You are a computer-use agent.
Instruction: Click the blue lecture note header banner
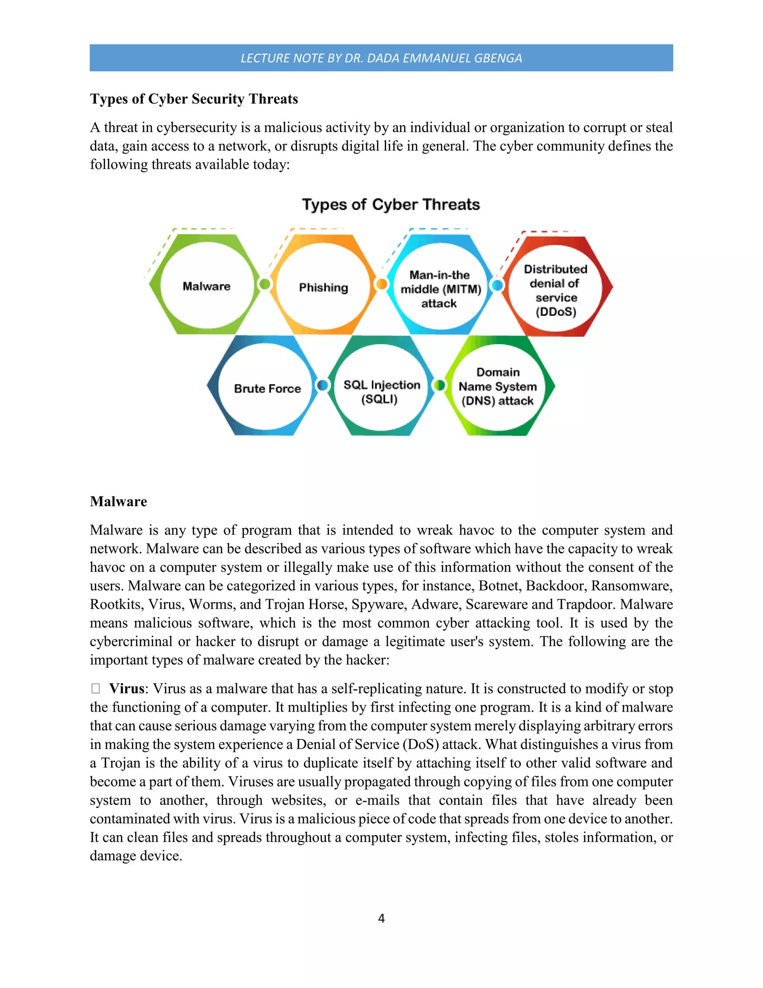click(381, 58)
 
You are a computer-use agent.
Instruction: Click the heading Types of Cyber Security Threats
click(194, 99)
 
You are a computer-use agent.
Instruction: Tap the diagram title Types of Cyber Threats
click(391, 204)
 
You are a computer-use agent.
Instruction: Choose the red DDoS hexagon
click(555, 290)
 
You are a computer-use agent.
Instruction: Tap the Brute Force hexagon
click(267, 388)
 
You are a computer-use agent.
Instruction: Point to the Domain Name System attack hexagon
click(498, 386)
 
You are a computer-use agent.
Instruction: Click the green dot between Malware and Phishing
click(265, 284)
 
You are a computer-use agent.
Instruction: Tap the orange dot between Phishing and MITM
click(382, 284)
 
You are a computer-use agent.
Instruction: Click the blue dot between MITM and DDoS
click(497, 285)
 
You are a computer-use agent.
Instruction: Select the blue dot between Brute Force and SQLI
click(322, 385)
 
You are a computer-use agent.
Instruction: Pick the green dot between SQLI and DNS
click(439, 385)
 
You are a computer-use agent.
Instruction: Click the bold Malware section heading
click(118, 501)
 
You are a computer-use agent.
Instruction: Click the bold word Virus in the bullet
click(127, 689)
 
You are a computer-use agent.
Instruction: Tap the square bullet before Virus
click(95, 689)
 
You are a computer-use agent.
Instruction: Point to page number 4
click(381, 918)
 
